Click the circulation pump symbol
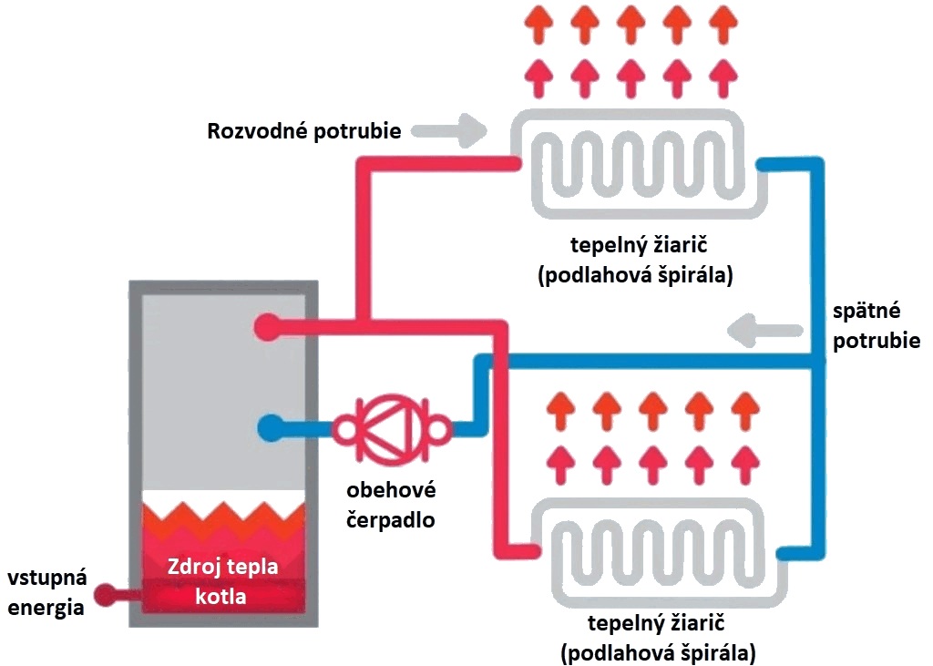coord(391,428)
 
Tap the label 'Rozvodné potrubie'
coord(304,130)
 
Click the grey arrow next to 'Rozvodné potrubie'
coord(450,130)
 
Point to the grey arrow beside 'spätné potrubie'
coord(765,331)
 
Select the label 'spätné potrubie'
coord(876,325)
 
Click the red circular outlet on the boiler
coord(267,327)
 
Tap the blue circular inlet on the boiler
coord(271,428)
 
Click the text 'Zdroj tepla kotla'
coord(222,580)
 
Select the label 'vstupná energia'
coord(46,593)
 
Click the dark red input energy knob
coord(108,594)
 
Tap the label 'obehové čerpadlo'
coord(391,505)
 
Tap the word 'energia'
coord(46,609)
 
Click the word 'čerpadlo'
coord(391,519)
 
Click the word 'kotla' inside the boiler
coord(220,596)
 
